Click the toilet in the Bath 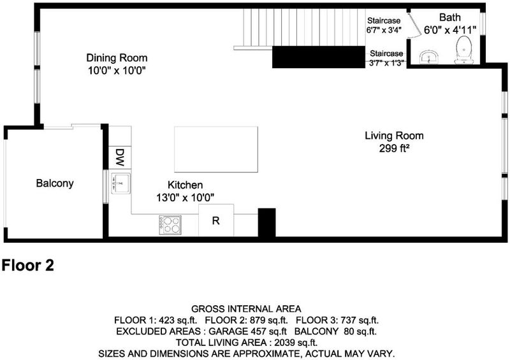tap(463, 50)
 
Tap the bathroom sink tap(429, 57)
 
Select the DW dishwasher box tap(120, 158)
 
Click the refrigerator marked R tap(216, 220)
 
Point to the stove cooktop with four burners tap(170, 225)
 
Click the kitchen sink tap(120, 184)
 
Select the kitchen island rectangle tap(216, 149)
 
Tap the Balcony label tap(55, 183)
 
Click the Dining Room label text tap(117, 58)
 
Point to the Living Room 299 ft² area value tap(394, 148)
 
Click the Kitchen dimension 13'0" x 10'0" tap(185, 198)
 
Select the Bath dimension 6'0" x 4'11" tap(450, 30)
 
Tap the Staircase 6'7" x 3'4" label tap(384, 25)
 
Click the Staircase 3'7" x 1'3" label tap(386, 58)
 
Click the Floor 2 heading tap(27, 265)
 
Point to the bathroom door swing tap(412, 24)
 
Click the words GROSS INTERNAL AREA tap(246, 308)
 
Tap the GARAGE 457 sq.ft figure tap(248, 331)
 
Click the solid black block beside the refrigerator tap(266, 222)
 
